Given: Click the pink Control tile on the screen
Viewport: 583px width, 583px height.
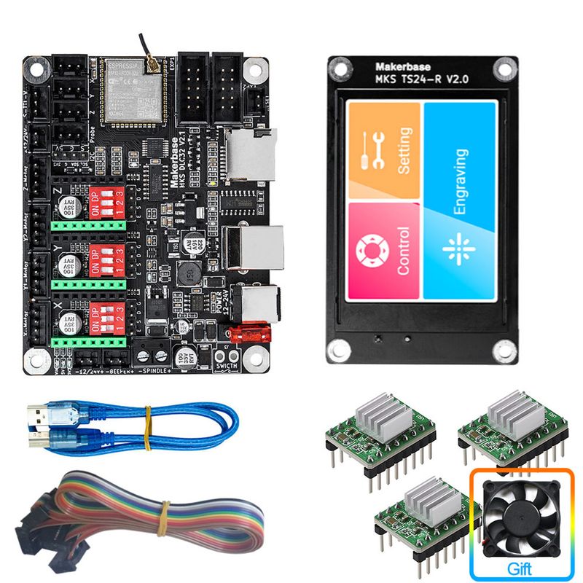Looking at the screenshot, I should [385, 250].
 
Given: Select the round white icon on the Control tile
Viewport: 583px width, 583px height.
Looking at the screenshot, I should [368, 250].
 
